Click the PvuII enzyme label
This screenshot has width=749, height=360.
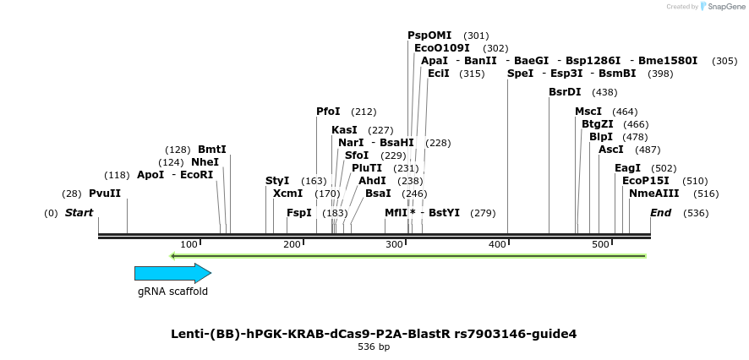point(105,194)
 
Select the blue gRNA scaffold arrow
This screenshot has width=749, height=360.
point(172,273)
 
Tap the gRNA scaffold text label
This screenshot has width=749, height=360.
point(172,292)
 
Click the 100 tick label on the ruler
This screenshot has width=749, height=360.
point(189,244)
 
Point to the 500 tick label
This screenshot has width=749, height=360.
point(600,244)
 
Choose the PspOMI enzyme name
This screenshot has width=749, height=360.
point(429,35)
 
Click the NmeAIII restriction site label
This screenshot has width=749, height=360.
point(648,194)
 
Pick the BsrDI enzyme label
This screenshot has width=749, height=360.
point(565,92)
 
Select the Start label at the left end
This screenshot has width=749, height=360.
point(79,213)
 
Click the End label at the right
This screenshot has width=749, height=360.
point(660,213)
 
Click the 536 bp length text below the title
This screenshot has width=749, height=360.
point(374,347)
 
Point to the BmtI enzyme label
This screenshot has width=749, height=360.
point(212,150)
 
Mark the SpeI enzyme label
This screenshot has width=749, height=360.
point(521,74)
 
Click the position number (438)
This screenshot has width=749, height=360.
point(604,92)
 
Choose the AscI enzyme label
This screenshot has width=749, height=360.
point(610,150)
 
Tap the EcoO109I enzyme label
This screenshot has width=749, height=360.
point(442,48)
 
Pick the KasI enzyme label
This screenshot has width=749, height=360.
point(344,130)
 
